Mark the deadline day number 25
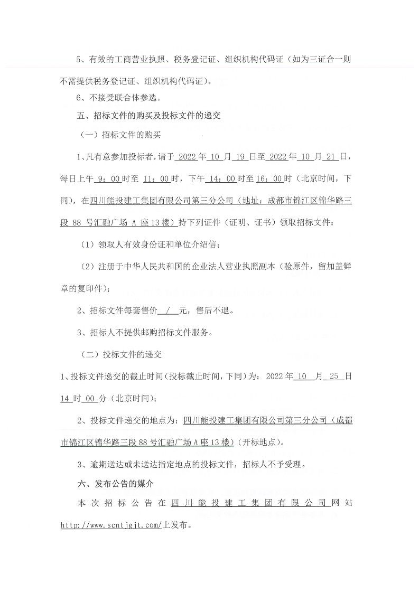pyautogui.click(x=333, y=376)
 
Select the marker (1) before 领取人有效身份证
pyautogui.click(x=87, y=244)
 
